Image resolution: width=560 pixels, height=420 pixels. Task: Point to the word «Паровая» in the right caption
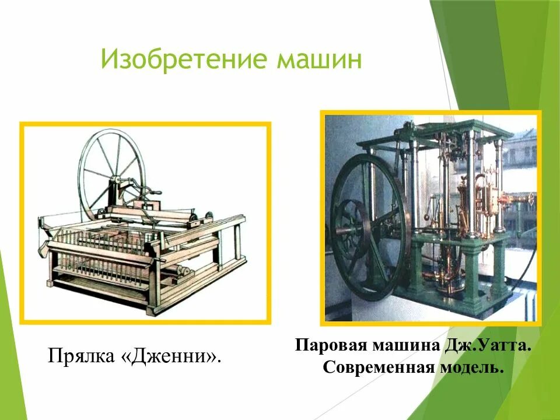pos(328,345)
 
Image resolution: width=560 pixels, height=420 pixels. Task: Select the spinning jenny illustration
pos(145,222)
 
